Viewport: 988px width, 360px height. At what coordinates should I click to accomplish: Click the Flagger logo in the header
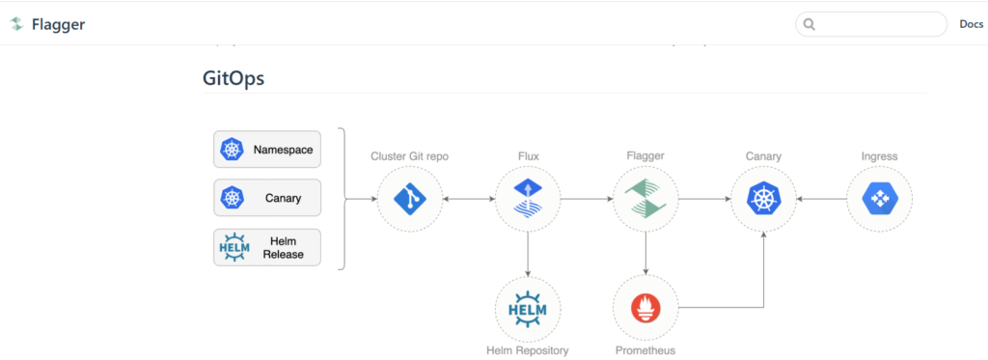16,24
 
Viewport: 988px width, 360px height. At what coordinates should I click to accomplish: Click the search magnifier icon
810,24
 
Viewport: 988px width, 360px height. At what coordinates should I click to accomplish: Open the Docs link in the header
971,24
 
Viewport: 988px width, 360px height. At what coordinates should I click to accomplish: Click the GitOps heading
233,79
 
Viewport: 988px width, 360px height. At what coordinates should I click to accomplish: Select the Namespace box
267,150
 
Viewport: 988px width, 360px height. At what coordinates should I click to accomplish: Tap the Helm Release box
267,248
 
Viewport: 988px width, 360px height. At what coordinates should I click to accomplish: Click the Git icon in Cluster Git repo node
409,199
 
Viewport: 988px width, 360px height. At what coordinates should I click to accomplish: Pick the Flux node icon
527,199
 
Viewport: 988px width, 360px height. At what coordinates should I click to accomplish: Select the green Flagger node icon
645,199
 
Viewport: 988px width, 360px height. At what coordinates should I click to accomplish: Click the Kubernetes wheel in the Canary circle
763,199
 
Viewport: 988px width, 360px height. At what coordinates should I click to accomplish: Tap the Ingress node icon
880,199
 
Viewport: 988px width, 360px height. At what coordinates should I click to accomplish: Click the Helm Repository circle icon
528,309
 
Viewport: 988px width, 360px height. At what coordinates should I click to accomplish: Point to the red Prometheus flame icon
645,309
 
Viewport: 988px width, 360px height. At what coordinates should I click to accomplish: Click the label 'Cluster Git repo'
409,156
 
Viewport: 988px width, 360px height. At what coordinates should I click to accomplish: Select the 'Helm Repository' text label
528,350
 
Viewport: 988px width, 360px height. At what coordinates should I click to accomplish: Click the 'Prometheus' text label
645,350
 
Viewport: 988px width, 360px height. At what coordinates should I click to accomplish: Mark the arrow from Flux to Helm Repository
528,254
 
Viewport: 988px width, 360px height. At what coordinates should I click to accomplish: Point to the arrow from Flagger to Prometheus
645,254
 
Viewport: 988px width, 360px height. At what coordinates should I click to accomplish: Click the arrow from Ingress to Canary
821,199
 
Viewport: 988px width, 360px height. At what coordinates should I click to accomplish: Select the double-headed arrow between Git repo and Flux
468,199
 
